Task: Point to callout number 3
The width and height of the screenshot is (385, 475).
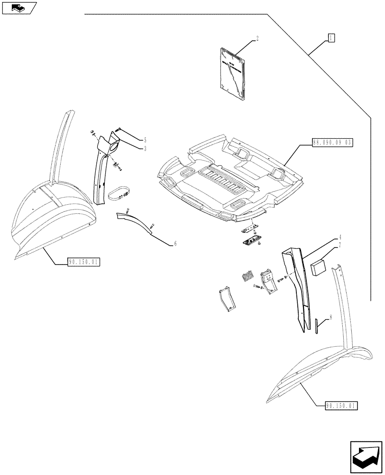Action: [x=145, y=148]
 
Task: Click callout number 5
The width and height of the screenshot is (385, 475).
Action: [x=145, y=140]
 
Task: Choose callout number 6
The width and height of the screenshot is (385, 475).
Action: [x=175, y=243]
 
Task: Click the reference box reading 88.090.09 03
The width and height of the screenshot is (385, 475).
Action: [x=333, y=142]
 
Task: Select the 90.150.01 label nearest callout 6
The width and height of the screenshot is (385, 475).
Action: [x=83, y=261]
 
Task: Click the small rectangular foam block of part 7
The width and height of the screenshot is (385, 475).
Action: [x=317, y=267]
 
